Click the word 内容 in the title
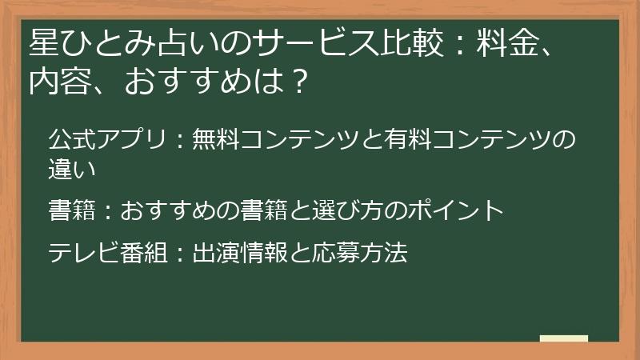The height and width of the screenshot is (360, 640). point(61,82)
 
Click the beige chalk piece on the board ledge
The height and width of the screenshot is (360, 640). point(563,339)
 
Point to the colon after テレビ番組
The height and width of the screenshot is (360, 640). point(180,254)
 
